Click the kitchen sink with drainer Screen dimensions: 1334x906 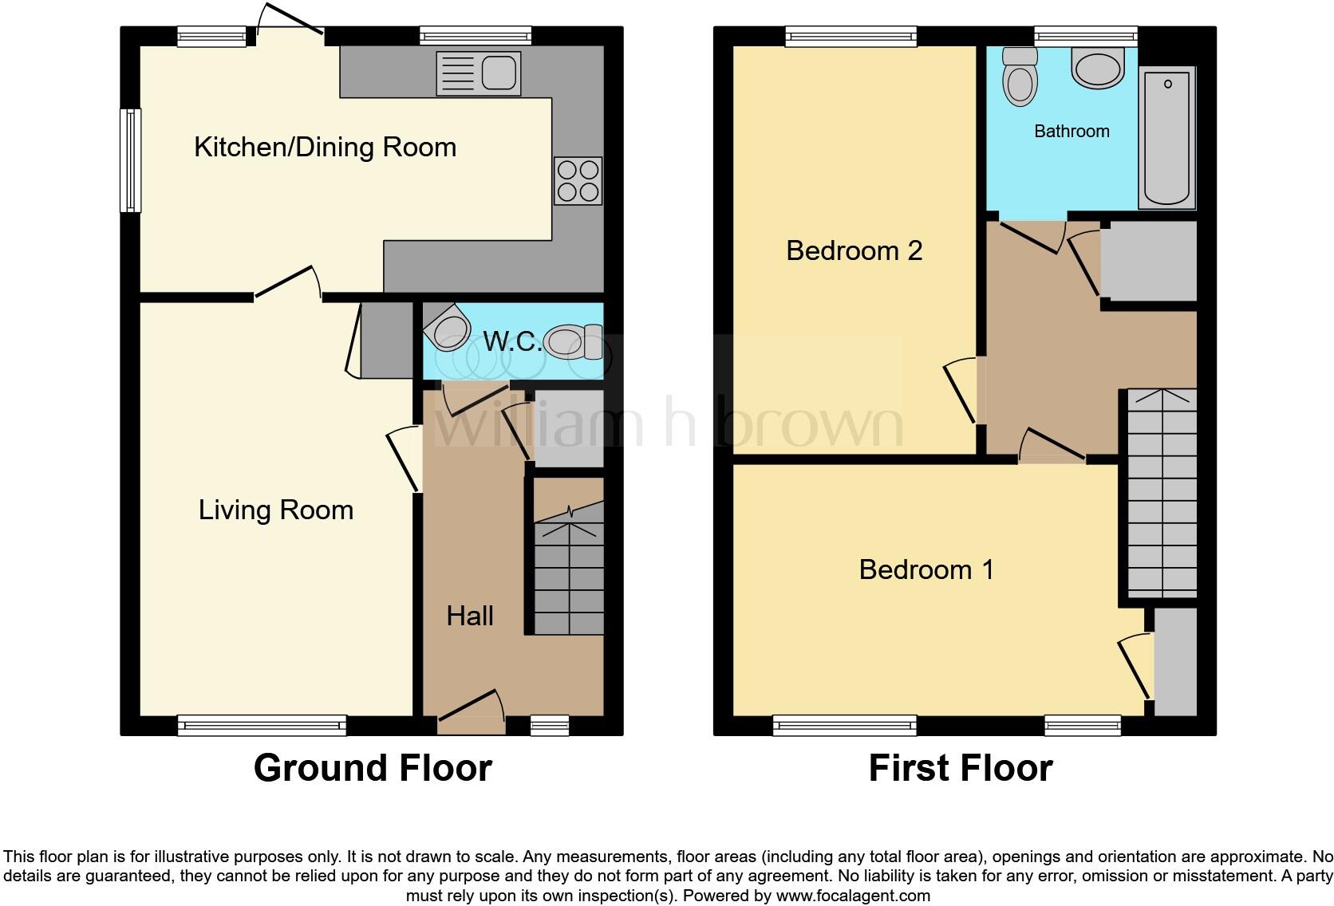478,74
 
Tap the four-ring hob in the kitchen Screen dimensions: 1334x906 578,180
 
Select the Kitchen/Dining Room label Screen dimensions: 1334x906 326,147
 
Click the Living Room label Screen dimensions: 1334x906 276,510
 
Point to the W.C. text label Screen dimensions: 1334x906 511,341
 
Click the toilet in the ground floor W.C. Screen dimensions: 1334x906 574,341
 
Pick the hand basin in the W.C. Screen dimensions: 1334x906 448,328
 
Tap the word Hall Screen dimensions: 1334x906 470,616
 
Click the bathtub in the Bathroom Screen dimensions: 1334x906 1166,137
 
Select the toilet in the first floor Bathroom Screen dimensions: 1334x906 1020,77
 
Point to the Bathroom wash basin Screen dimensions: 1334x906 1098,68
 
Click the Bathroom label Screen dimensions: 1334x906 1072,131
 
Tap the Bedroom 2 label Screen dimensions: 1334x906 854,250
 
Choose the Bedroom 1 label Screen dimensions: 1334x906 926,569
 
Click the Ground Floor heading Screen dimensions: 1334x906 373,768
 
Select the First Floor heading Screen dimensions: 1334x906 961,768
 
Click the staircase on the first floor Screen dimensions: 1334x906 1162,493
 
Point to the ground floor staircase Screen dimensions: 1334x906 569,568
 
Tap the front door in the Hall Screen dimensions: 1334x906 471,712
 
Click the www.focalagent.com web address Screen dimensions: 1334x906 853,896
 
